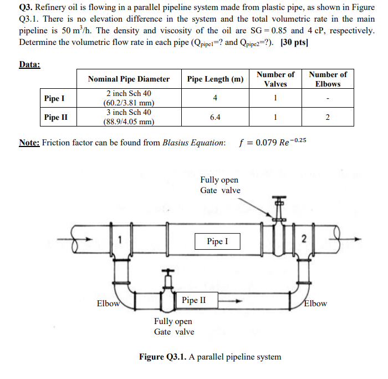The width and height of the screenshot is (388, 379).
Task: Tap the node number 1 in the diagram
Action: [119, 240]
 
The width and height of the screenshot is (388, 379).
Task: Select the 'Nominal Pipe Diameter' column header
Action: [129, 79]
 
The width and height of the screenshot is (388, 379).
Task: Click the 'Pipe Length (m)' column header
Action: [215, 79]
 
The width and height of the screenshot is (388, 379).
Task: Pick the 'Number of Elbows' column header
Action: [328, 79]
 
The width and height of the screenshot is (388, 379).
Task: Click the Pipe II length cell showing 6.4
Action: [215, 117]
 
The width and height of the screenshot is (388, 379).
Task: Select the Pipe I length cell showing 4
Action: [215, 98]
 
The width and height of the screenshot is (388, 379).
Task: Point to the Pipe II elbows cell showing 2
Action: [328, 117]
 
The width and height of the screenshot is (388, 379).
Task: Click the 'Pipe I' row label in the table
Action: [54, 98]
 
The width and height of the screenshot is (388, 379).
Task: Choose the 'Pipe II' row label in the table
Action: [56, 117]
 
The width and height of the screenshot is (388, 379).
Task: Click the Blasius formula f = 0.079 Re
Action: [272, 142]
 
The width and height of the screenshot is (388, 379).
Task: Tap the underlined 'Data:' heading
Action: [29, 64]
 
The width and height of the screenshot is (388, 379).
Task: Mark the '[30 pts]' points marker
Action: [294, 43]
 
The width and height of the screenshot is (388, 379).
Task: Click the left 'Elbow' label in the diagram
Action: [108, 304]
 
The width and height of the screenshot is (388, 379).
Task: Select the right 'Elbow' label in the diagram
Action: [315, 304]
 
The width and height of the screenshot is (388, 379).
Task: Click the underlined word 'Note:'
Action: [29, 143]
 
